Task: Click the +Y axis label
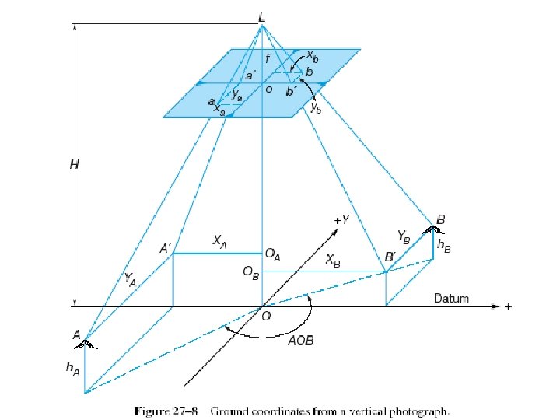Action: pyautogui.click(x=341, y=220)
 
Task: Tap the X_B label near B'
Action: pyautogui.click(x=332, y=260)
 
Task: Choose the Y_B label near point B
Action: pyautogui.click(x=404, y=234)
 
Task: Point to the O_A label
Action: pyautogui.click(x=273, y=254)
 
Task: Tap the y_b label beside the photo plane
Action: pyautogui.click(x=316, y=109)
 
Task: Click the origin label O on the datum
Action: pyautogui.click(x=266, y=316)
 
